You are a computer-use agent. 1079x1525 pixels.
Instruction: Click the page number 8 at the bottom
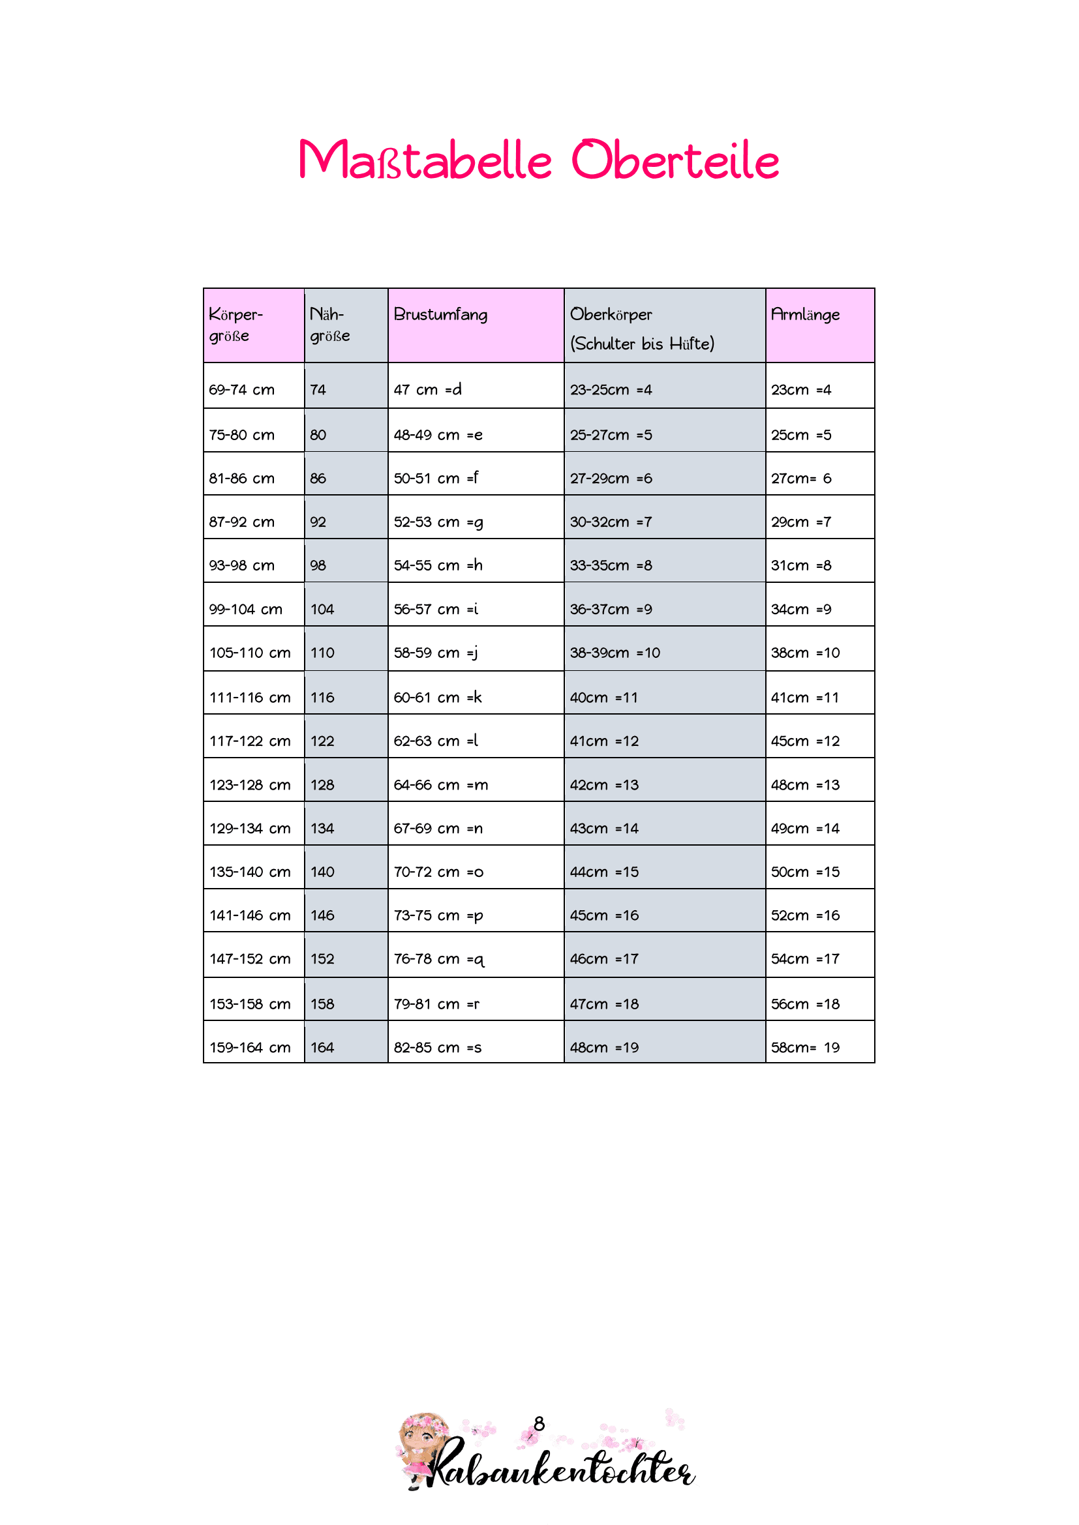pos(539,1423)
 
